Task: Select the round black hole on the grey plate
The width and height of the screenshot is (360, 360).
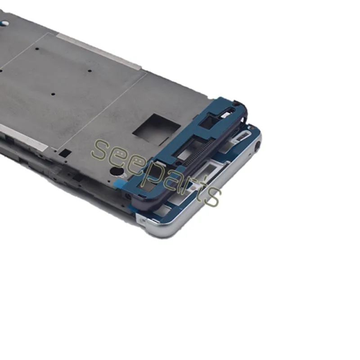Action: (116, 171)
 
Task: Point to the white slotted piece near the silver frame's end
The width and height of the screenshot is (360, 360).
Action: (243, 134)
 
